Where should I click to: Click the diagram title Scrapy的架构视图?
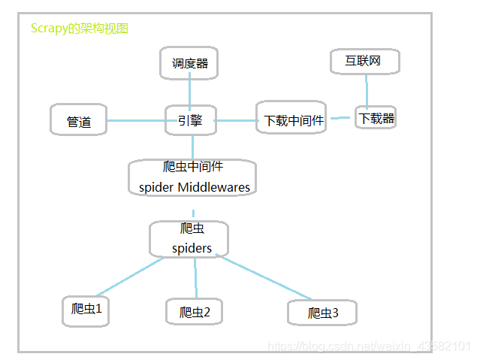point(80,29)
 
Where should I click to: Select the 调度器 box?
point(189,63)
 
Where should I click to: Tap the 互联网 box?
point(365,61)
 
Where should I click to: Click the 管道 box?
point(78,121)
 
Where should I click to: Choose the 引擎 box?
point(190,120)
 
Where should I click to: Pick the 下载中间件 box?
point(291,119)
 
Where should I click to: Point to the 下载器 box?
point(376,118)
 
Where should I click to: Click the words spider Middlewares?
point(194,187)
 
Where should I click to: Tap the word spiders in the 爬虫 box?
point(192,248)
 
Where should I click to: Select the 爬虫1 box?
point(86,310)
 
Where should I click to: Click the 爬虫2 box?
point(195,312)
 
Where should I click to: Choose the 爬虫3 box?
point(322,313)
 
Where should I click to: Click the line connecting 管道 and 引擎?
point(136,120)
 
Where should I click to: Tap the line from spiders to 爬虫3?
point(264,277)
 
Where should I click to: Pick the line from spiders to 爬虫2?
point(195,277)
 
